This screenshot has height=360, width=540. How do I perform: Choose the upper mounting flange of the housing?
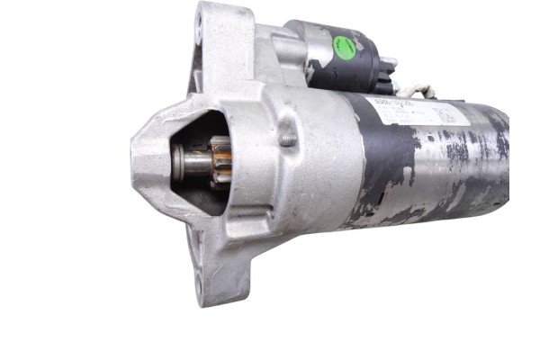click(x=216, y=36)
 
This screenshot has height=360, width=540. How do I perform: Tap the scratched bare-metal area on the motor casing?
click(x=468, y=180)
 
